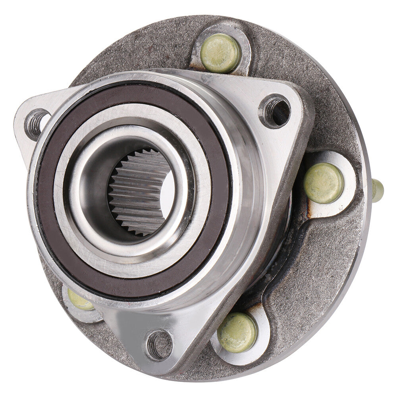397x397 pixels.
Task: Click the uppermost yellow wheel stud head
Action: coord(220,53)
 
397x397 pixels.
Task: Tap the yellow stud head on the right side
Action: coord(324,183)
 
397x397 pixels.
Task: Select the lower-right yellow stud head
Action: coord(237,332)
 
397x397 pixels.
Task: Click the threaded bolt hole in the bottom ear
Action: coord(159,345)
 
